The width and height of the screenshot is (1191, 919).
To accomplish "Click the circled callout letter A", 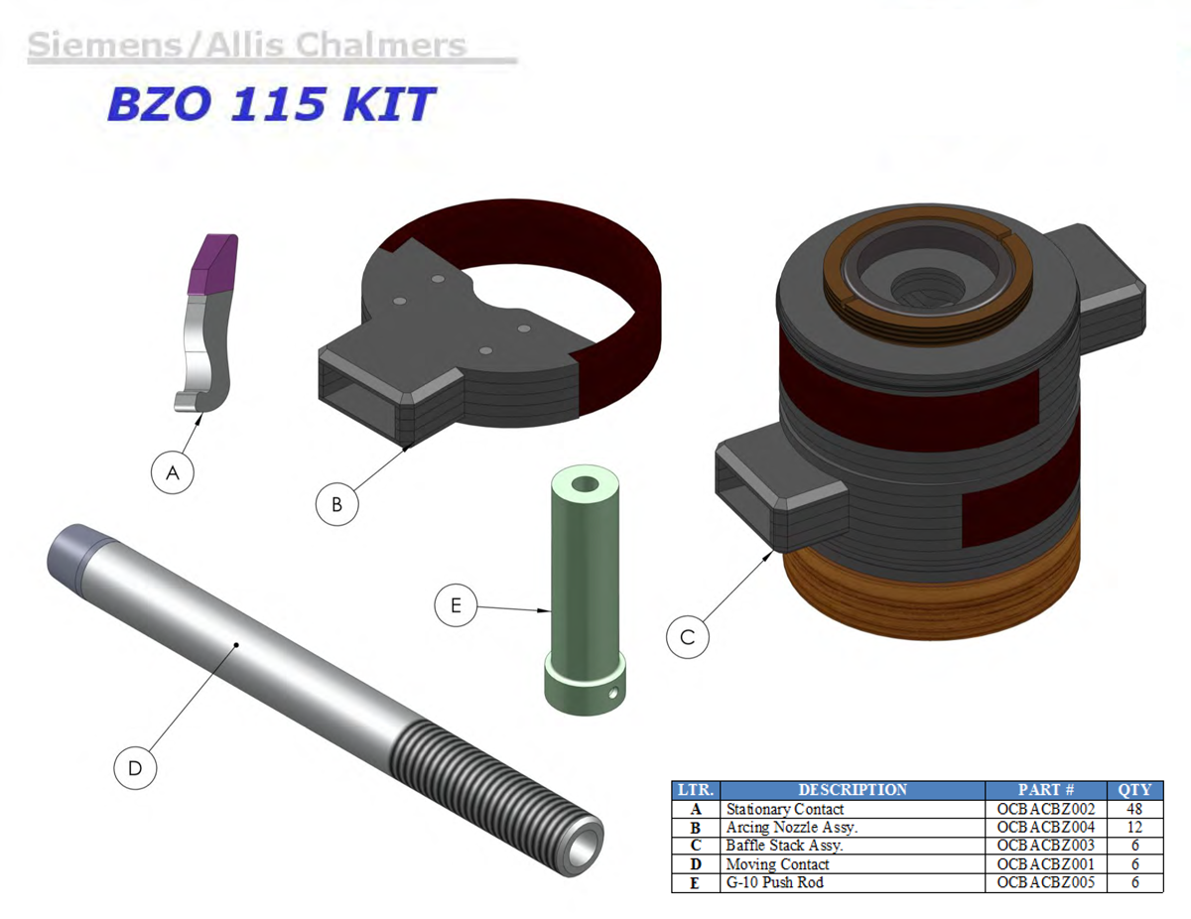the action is click(173, 472).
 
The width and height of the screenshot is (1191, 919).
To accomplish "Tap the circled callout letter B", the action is click(337, 504).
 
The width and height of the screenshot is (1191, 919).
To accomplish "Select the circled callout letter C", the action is click(687, 637).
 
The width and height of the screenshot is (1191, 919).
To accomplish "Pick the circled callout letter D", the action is click(135, 768).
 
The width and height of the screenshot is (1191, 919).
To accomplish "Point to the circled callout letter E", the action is click(456, 605).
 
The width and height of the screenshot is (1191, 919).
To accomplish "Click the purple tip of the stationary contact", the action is click(212, 264).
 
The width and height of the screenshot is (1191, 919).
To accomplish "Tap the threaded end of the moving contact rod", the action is click(493, 800).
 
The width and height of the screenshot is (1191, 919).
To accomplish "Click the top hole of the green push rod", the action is click(586, 484).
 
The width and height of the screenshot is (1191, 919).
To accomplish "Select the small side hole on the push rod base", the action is click(613, 694).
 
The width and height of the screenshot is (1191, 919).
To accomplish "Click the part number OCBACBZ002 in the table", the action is click(1045, 809).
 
